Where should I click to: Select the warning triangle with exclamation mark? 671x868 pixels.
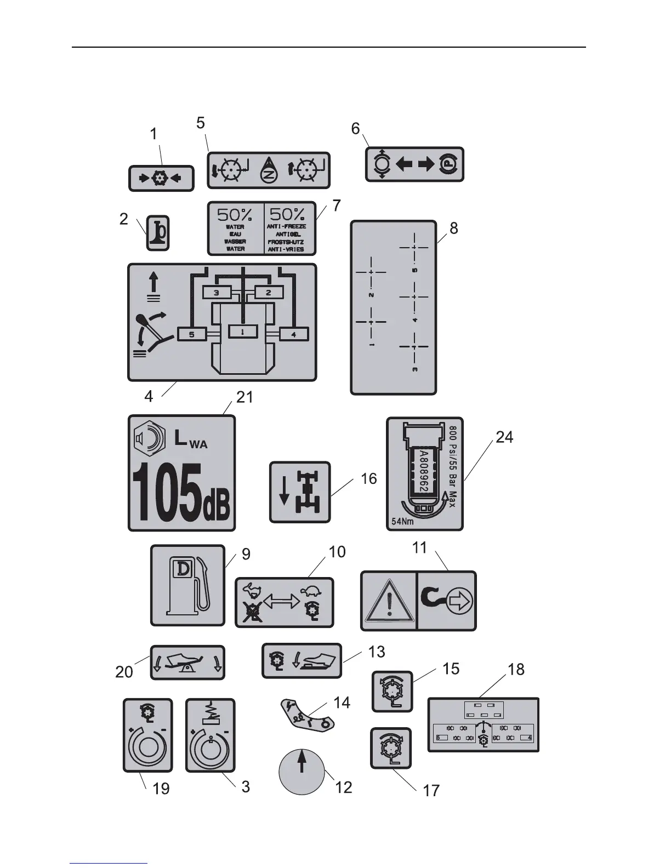(389, 601)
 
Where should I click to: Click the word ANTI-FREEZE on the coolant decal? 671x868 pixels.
(287, 226)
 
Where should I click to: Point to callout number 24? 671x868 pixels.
(504, 437)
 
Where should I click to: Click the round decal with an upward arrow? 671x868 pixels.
(302, 772)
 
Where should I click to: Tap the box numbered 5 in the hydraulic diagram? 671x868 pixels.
(192, 334)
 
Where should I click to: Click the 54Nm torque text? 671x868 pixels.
(402, 522)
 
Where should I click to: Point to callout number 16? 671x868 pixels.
(368, 479)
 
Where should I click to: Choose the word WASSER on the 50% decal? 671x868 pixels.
(235, 241)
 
